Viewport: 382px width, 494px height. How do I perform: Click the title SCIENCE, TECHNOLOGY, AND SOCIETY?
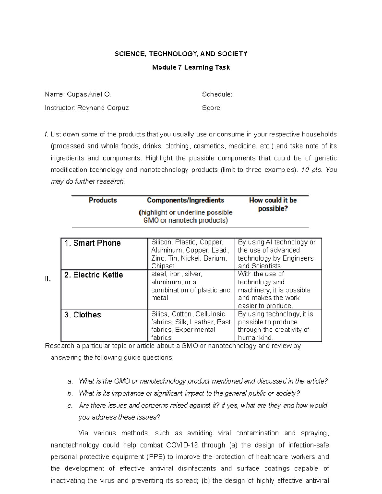(181, 54)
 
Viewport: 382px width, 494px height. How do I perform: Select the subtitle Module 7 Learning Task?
(191, 67)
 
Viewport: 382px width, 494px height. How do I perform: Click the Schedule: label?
(217, 94)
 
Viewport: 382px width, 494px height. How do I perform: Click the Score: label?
(212, 108)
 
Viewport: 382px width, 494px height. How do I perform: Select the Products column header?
(103, 200)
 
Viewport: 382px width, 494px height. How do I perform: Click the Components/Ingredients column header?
(186, 200)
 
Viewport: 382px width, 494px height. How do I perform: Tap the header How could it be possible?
(273, 204)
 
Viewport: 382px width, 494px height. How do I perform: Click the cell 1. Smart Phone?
(92, 243)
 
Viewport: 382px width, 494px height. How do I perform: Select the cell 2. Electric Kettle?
(93, 275)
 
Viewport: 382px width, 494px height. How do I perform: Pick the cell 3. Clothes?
(82, 315)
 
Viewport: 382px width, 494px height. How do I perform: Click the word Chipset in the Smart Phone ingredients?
(163, 266)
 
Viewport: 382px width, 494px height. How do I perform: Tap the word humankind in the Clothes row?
(255, 338)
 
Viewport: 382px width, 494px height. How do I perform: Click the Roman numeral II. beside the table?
(48, 279)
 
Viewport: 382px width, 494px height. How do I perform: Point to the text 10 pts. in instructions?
(311, 170)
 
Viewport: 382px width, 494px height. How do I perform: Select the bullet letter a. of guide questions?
(70, 381)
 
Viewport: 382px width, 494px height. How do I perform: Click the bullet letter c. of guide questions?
(70, 406)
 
